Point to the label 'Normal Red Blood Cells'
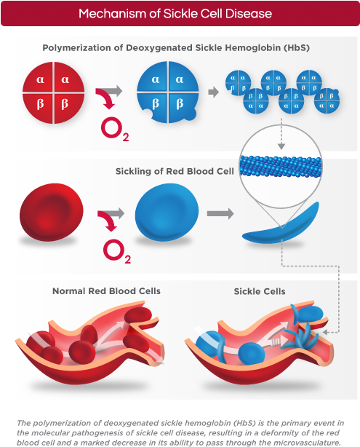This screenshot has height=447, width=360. tap(106, 291)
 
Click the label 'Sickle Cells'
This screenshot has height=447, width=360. tap(260, 291)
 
